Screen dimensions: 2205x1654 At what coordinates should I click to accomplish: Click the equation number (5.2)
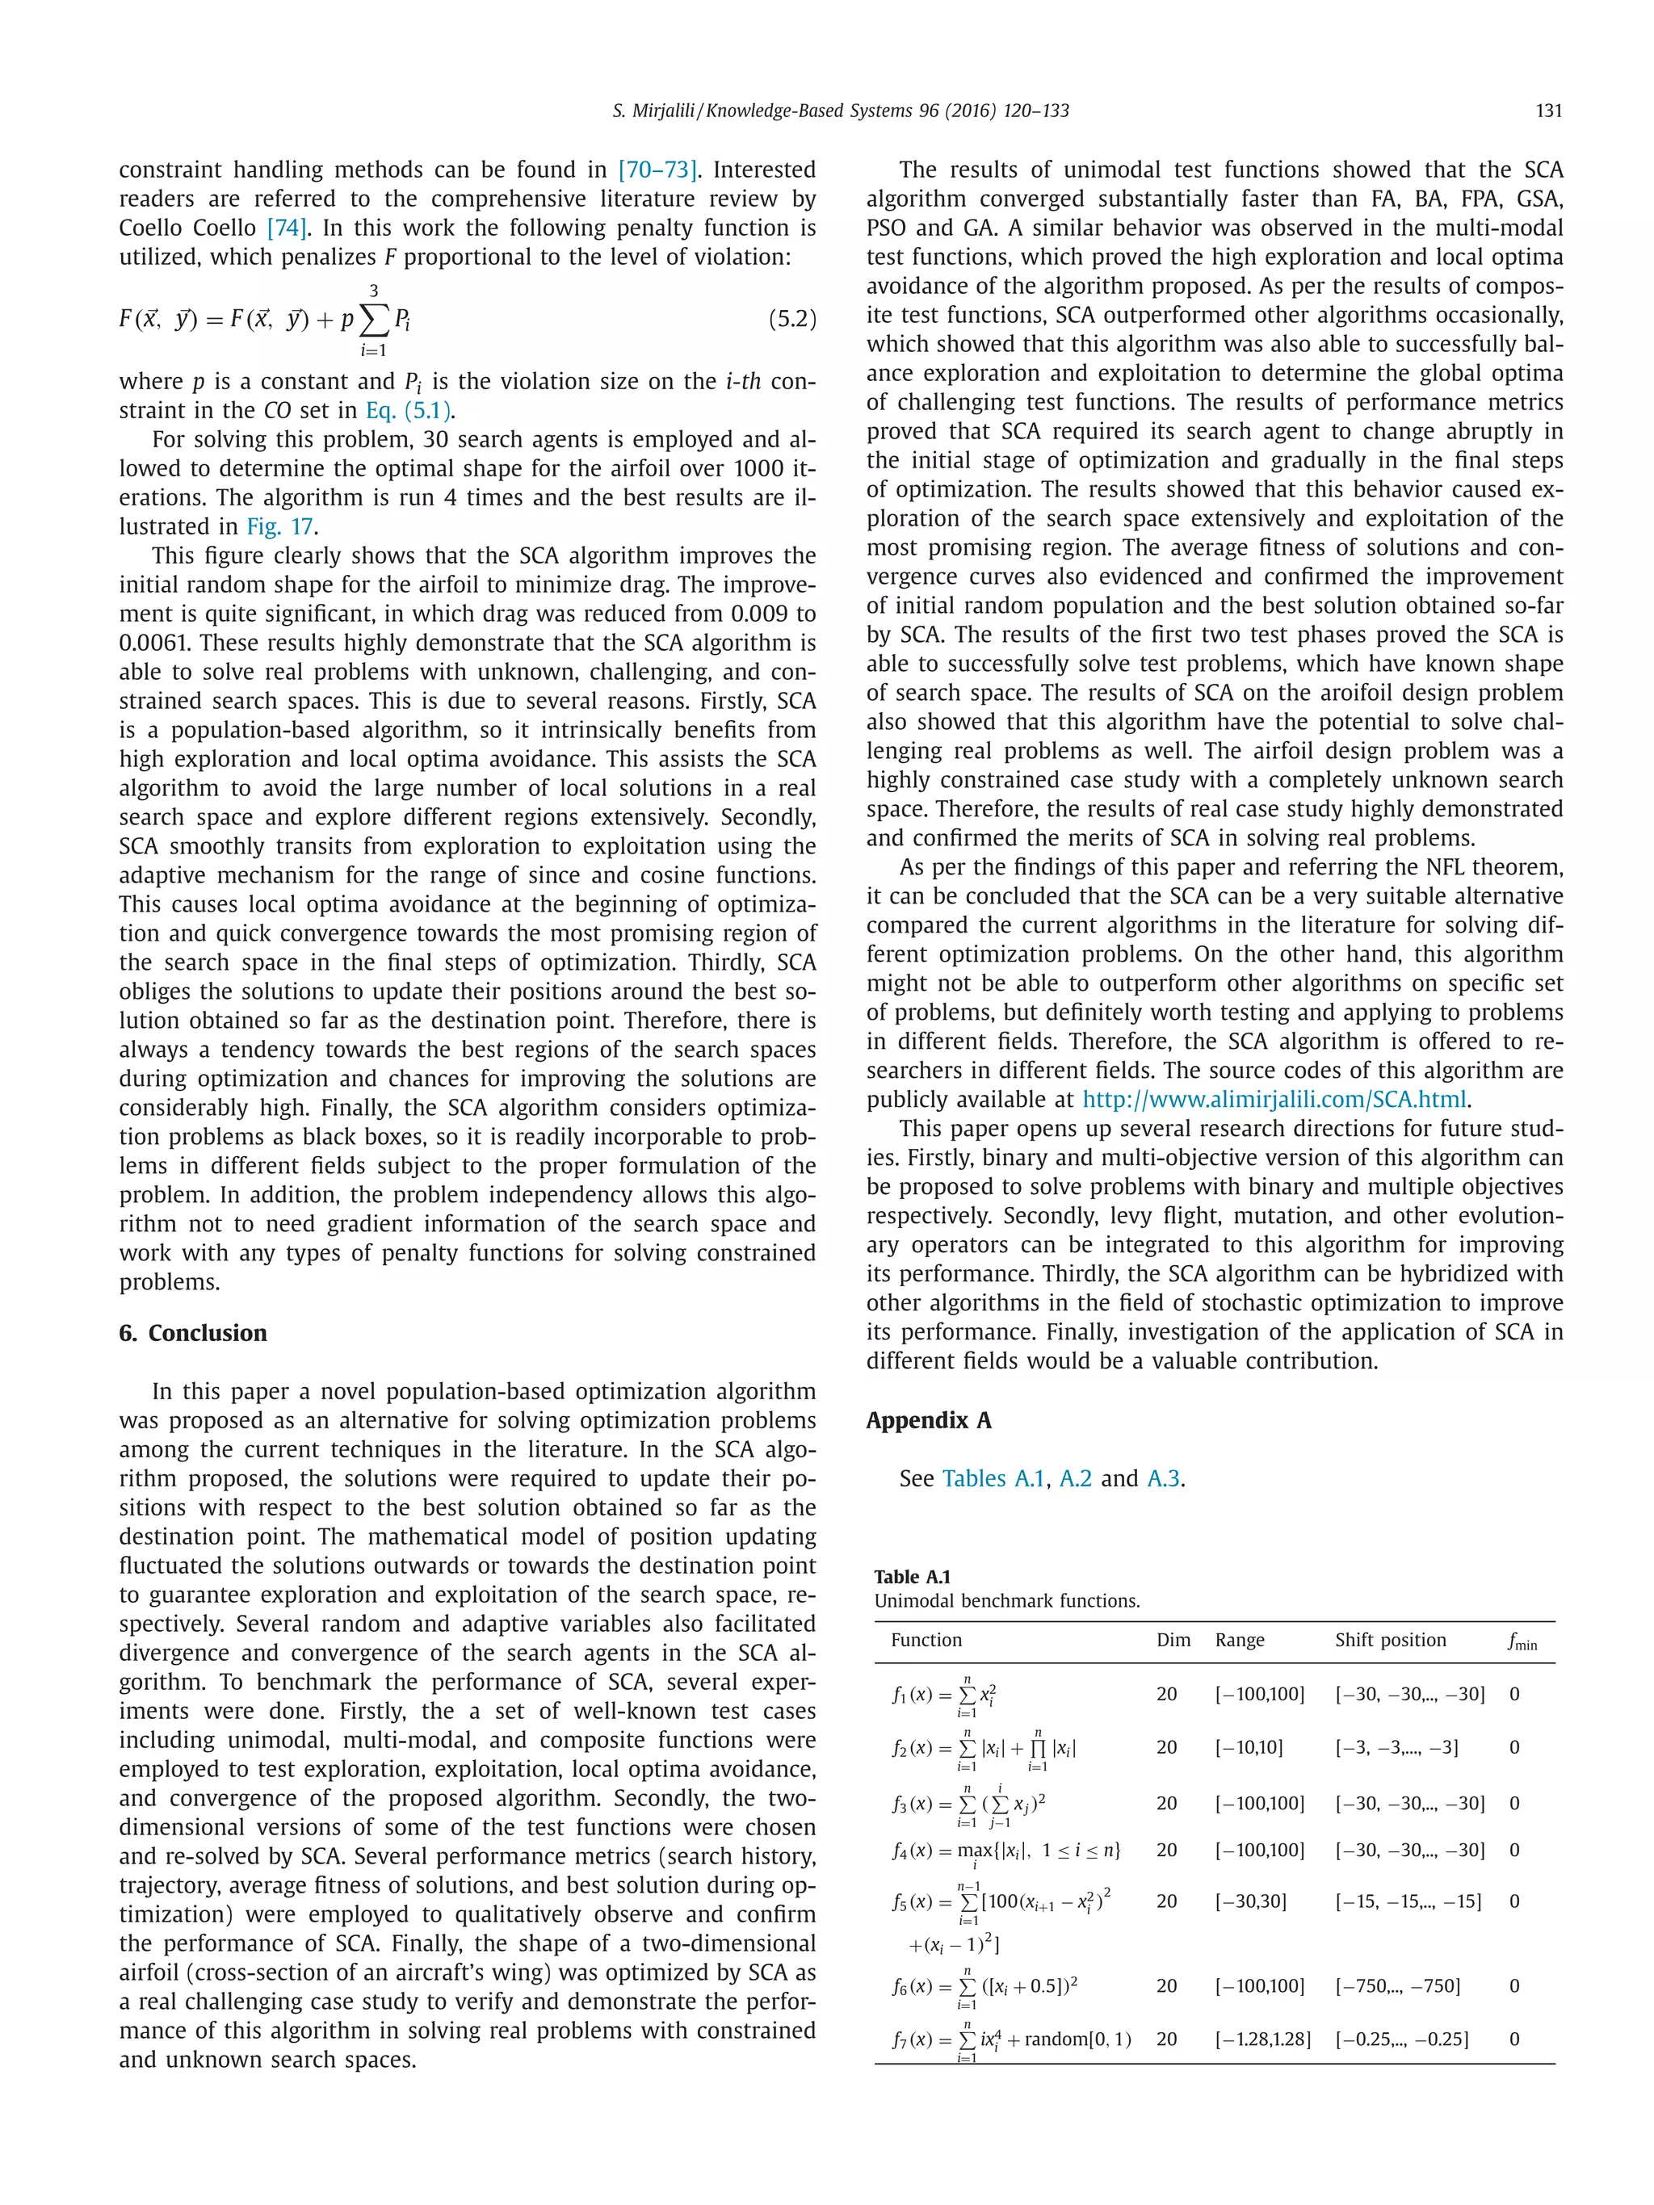[791, 320]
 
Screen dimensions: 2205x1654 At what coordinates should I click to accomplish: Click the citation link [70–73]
[657, 170]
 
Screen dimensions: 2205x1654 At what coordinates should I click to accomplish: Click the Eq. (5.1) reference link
[409, 411]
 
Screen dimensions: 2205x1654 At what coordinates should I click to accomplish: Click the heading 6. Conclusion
[192, 1333]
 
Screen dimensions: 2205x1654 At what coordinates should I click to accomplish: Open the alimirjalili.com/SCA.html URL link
[1275, 1100]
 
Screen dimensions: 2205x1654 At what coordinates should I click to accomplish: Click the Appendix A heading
[928, 1420]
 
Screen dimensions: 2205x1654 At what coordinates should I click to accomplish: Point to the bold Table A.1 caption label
[913, 1576]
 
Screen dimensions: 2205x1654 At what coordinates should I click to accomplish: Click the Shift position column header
[1390, 1640]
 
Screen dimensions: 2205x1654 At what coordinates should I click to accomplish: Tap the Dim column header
[1173, 1640]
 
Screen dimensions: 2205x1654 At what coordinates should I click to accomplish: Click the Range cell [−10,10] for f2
[1249, 1747]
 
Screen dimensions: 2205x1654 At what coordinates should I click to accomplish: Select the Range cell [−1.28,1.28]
[1262, 2039]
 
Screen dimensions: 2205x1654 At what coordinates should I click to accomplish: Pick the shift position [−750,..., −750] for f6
[1397, 1985]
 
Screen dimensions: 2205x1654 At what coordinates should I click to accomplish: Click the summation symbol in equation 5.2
[374, 320]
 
